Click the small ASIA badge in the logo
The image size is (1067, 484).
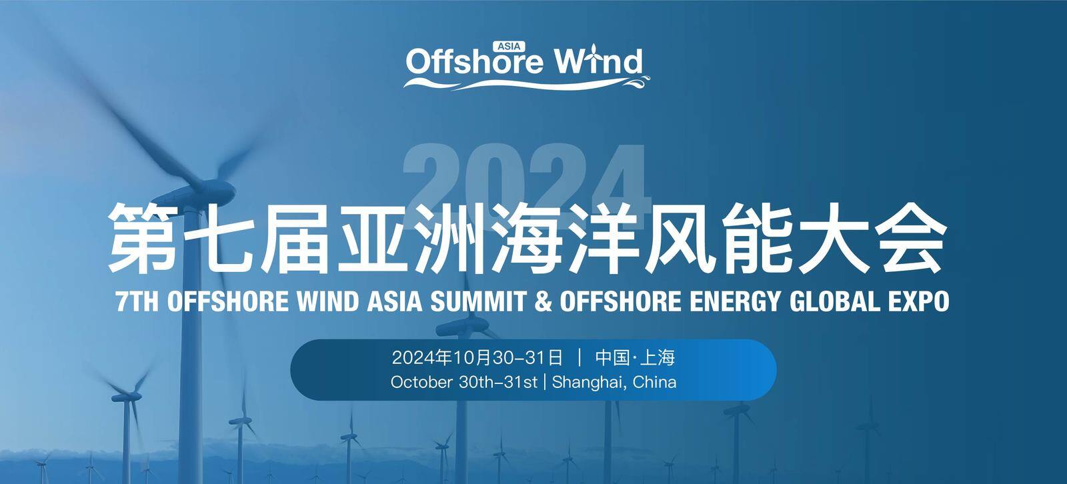(x=509, y=47)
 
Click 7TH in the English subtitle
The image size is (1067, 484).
(x=137, y=301)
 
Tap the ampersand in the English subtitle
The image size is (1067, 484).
(x=544, y=301)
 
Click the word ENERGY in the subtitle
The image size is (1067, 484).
(x=736, y=302)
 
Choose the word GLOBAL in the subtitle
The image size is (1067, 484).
(x=834, y=301)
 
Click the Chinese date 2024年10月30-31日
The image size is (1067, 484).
(x=477, y=357)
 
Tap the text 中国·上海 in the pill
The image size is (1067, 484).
(x=635, y=357)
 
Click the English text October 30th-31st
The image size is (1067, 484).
(x=464, y=382)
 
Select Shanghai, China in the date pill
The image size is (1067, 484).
(x=614, y=383)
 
